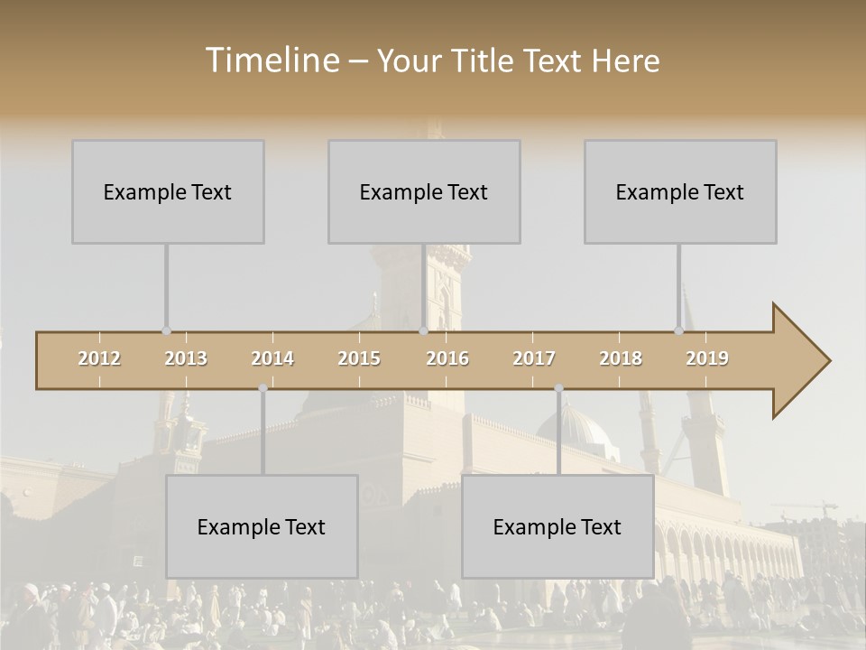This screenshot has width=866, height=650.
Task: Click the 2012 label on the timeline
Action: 99,358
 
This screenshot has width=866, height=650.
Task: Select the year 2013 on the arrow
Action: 186,358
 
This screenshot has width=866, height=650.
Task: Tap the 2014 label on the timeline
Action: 272,358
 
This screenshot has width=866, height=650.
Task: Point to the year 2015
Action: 359,358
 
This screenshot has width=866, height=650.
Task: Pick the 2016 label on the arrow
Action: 447,358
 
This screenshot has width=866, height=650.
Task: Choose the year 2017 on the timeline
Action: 534,358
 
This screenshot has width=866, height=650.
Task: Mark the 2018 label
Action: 621,358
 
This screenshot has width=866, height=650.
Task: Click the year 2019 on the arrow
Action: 707,358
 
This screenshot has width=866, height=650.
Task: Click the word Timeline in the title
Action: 272,60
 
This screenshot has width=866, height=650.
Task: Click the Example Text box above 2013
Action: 168,191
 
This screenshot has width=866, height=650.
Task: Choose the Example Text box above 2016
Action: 424,191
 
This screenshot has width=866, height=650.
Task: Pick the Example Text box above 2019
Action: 680,191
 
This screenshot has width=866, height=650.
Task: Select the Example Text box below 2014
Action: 262,526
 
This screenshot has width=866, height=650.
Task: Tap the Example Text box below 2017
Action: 557,526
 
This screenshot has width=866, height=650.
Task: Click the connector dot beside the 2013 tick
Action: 166,331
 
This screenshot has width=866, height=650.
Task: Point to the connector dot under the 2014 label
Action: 263,388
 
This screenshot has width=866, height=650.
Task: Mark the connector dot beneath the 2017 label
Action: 558,388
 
